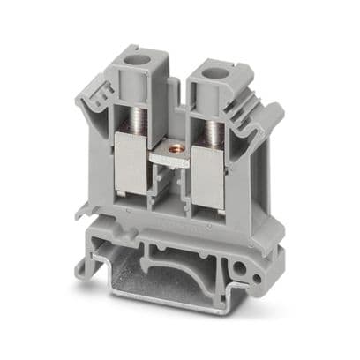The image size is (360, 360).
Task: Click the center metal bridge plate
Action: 176,160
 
